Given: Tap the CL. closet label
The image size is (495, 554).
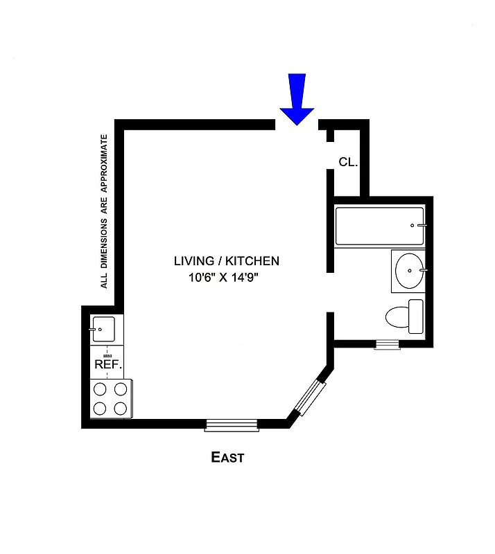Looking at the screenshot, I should pyautogui.click(x=348, y=163).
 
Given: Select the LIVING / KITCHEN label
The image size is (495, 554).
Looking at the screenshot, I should pyautogui.click(x=226, y=261).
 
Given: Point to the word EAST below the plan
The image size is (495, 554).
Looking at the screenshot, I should pyautogui.click(x=227, y=458).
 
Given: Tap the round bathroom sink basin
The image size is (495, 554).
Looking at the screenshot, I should pyautogui.click(x=408, y=269).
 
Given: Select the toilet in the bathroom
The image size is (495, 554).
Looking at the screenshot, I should pyautogui.click(x=400, y=317).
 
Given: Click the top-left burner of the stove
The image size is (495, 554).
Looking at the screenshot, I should pyautogui.click(x=100, y=389).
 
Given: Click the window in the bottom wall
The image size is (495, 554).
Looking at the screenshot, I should pyautogui.click(x=232, y=425).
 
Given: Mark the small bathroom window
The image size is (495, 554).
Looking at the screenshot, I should pyautogui.click(x=387, y=344).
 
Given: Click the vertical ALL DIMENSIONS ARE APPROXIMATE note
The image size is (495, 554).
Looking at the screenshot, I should pyautogui.click(x=105, y=211).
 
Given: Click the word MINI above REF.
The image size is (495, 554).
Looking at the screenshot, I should pyautogui.click(x=108, y=354).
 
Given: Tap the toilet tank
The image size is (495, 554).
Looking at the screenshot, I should pyautogui.click(x=416, y=315).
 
